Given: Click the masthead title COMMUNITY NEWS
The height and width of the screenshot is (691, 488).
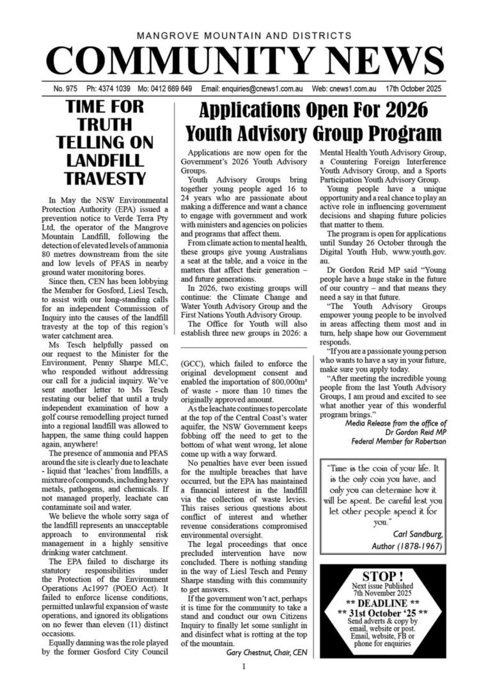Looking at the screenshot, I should click(x=244, y=61).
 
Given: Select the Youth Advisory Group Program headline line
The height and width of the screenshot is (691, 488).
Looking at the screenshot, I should click(x=313, y=133).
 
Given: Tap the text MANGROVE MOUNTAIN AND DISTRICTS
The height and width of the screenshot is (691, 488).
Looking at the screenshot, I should click(x=244, y=36).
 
